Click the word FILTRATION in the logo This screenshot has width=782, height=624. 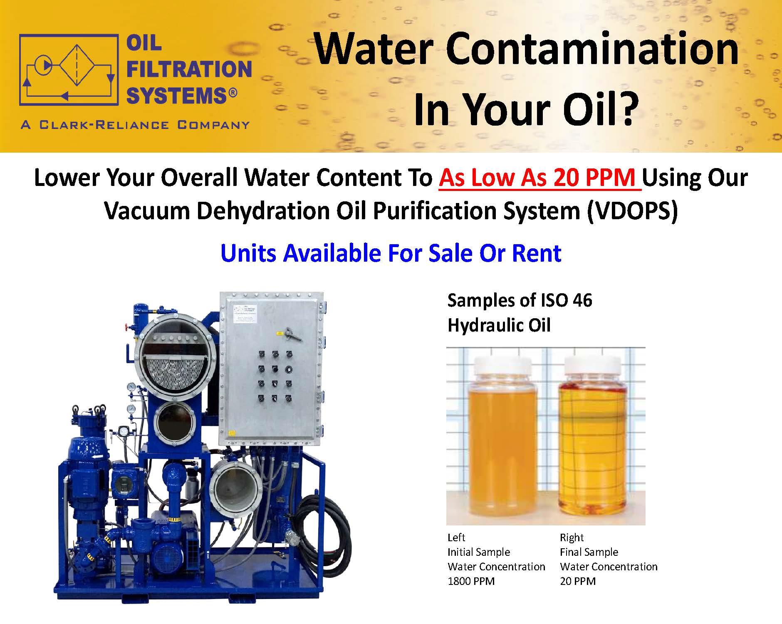(189, 69)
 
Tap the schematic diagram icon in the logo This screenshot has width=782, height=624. (69, 69)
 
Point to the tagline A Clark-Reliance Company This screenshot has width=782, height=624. (135, 125)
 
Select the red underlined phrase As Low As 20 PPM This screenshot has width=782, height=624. (540, 178)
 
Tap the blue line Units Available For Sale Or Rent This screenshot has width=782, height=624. (391, 253)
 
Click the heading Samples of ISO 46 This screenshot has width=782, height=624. (520, 300)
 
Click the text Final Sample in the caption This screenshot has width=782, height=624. (589, 552)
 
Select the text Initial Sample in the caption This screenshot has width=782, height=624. (479, 552)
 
